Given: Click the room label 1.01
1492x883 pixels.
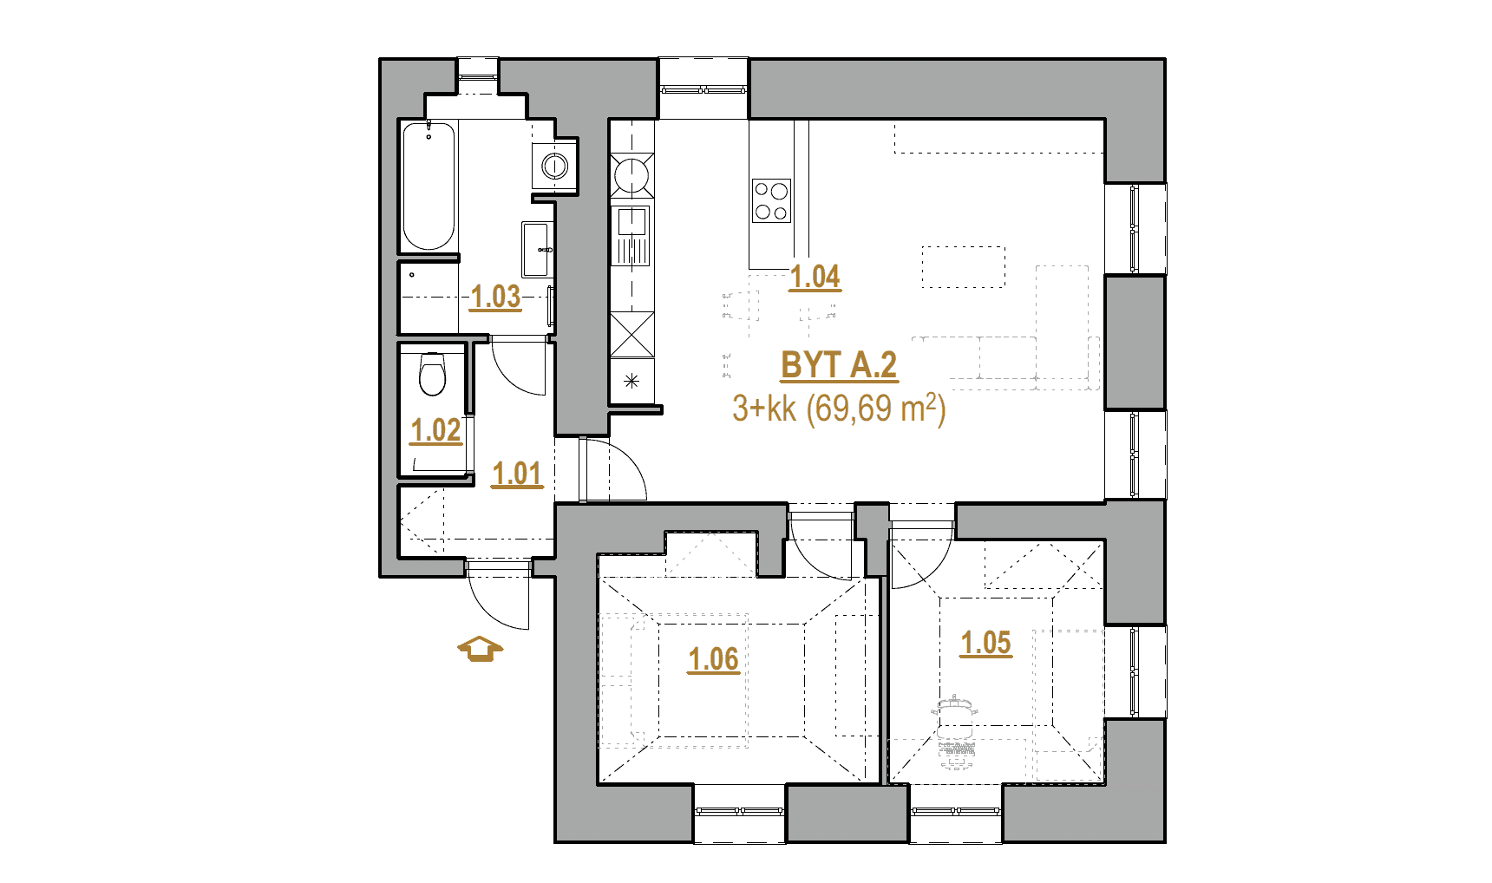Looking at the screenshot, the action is tap(516, 474).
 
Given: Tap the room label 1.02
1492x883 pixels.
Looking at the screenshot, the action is tap(435, 431).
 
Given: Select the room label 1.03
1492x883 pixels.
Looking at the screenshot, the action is tap(495, 298).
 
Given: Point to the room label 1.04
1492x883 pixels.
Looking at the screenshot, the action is tap(815, 278).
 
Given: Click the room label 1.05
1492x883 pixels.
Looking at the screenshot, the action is tap(986, 644).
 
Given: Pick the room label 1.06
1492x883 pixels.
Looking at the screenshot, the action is tap(713, 660).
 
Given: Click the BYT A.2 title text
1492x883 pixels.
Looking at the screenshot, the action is tap(839, 366).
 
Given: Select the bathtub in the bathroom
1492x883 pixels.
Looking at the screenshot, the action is tap(429, 186).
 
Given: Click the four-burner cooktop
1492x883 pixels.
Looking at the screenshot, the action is tap(771, 200).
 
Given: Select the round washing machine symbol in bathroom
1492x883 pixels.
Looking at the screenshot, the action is tap(553, 164).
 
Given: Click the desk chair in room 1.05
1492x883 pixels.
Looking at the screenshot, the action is tap(954, 708).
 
